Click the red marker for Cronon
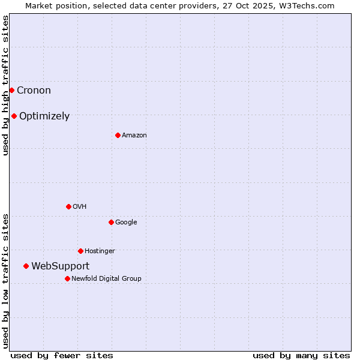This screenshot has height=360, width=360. [x=11, y=90]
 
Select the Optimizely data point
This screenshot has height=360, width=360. [x=14, y=116]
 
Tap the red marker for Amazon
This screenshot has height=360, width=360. [x=118, y=135]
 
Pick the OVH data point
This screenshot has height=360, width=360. [x=68, y=206]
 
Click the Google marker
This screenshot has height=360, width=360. [x=111, y=222]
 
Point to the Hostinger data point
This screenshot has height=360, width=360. [x=80, y=251]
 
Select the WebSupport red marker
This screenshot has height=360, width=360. [x=26, y=266]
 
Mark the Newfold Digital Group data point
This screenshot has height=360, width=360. [x=67, y=278]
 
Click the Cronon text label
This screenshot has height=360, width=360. [x=34, y=91]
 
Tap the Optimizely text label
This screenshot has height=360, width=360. [x=44, y=116]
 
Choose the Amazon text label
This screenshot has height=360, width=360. [x=134, y=136]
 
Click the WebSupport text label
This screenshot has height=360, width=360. [x=60, y=266]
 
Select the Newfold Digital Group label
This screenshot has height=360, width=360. [x=106, y=278]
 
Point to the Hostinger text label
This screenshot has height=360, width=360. [x=100, y=251]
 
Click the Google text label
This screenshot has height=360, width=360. [x=126, y=222]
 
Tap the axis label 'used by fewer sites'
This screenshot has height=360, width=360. [x=62, y=355]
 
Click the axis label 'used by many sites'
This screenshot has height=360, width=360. [x=301, y=355]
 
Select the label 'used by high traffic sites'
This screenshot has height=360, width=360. [x=6, y=86]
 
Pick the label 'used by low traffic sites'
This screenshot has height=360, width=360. [x=6, y=281]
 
